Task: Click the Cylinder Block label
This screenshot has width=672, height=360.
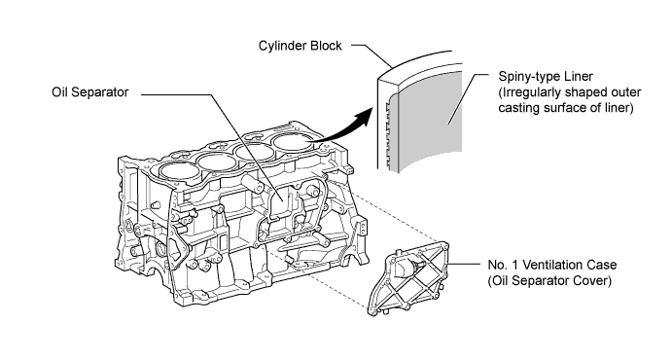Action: (x=300, y=46)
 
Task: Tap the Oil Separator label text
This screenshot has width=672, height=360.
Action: (x=90, y=92)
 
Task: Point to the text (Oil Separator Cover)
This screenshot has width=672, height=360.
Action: (x=549, y=281)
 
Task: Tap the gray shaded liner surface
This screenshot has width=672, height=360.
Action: (x=430, y=120)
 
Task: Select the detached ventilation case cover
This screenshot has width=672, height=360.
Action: (x=408, y=278)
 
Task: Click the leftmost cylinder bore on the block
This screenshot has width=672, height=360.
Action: (x=180, y=171)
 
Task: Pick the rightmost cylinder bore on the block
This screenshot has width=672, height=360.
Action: (x=294, y=142)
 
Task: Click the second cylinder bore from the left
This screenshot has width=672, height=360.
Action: (x=217, y=162)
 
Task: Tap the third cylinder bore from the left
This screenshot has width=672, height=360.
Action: (x=255, y=152)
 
